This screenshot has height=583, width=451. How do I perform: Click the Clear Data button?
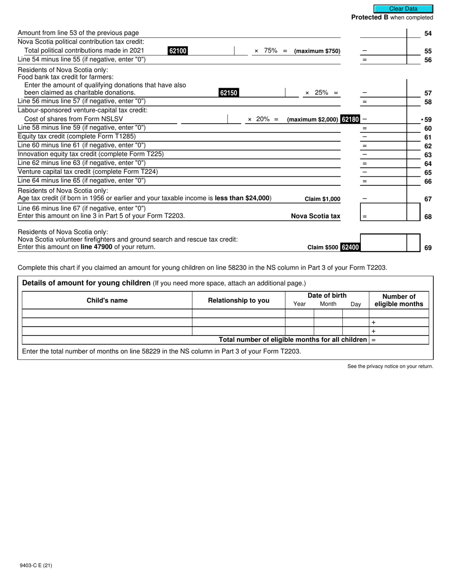coord(403,9)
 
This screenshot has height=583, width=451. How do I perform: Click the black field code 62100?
coord(178,51)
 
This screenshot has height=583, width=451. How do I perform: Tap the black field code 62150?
coord(228,93)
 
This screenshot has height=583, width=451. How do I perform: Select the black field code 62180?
coord(350,119)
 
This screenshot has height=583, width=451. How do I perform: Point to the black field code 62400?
coord(350,247)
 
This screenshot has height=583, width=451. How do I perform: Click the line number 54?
coord(428,34)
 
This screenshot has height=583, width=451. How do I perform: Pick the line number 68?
coord(428,217)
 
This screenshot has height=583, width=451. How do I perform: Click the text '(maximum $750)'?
coord(317,51)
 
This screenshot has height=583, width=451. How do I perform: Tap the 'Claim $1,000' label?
coord(322,199)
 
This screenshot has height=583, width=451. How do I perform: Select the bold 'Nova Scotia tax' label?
coord(315,216)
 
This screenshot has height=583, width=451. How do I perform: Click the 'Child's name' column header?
coord(107,301)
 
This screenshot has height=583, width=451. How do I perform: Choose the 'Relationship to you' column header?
coord(238,301)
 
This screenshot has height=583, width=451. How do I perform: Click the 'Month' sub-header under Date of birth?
coord(328,304)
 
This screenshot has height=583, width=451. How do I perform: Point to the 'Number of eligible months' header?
coord(399,301)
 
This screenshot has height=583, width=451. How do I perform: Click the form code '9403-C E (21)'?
coord(36,565)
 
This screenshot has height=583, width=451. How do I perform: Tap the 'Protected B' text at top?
coord(370,18)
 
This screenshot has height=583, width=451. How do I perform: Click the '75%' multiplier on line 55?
coord(271,51)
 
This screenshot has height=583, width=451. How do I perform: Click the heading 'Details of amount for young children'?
coord(86,283)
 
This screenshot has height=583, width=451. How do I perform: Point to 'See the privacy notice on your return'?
coord(390,366)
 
